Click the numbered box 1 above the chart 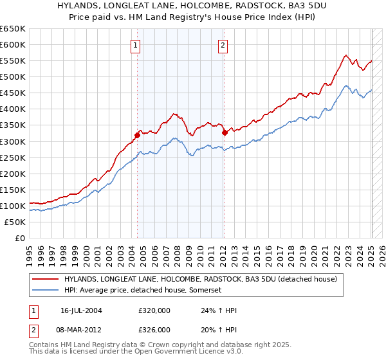coord(136,45)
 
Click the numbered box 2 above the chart coord(223,45)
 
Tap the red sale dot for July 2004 coord(137,135)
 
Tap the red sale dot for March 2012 coord(225,133)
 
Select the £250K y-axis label coord(13,157)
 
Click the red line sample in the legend coord(46,279)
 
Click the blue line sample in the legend coord(46,291)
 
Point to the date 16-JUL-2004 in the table coord(86,310)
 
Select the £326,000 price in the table coord(154,329)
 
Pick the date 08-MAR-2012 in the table coord(86,329)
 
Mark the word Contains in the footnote coord(44,345)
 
